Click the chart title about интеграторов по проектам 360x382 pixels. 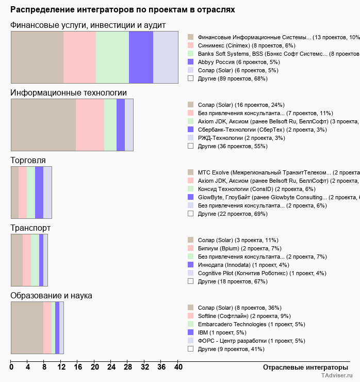pos(123,10)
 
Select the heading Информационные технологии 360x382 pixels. pos(69,93)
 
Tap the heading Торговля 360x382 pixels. pos(28,161)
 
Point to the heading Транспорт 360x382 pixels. pos(31,228)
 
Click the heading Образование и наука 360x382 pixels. pos(52,296)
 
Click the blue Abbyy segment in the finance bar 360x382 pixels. pos(141,57)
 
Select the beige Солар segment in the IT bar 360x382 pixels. pos(43,125)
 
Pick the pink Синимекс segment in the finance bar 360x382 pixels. pos(79,57)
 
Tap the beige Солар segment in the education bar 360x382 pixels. pos(27,328)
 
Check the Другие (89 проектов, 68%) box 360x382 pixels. pos(191,78)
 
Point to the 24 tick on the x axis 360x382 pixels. pos(111,367)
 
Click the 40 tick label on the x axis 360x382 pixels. pos(178,367)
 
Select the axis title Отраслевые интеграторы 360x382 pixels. pos(302,367)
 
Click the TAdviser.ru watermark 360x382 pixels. pos(337,376)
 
